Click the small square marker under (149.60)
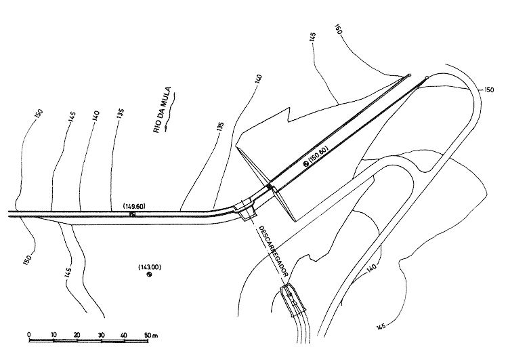133,214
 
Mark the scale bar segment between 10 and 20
65,342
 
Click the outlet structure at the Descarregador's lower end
293,301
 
